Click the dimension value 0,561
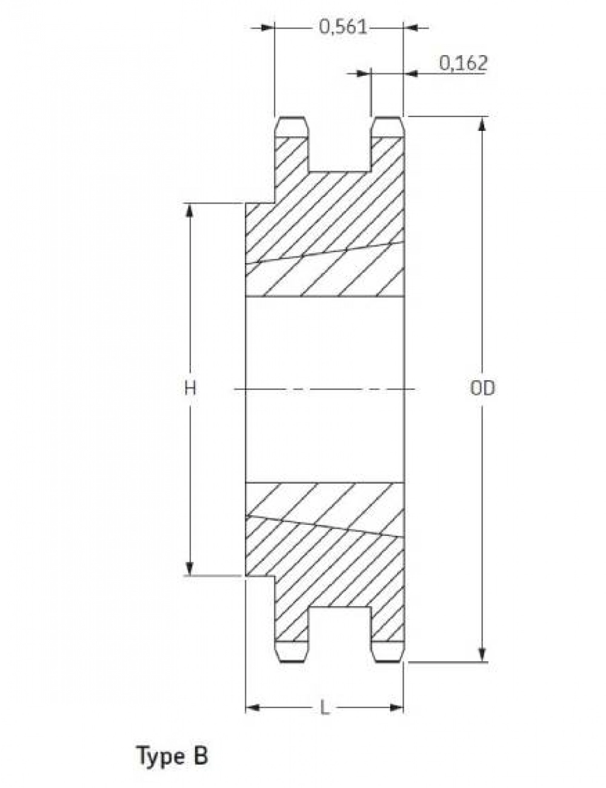343,27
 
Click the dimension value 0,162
463,63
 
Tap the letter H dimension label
190,389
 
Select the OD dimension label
482,389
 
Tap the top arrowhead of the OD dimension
482,124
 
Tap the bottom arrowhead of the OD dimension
482,655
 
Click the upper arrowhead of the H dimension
189,210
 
